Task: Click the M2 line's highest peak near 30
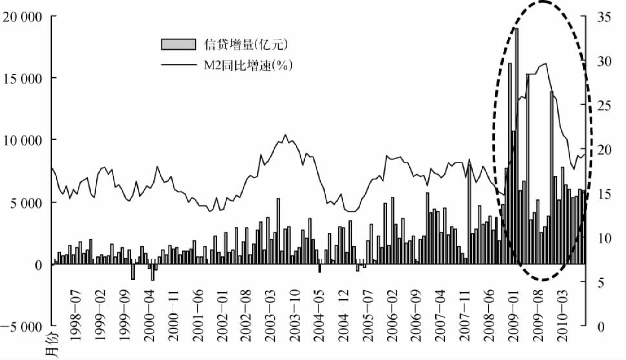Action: [x=546, y=63]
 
